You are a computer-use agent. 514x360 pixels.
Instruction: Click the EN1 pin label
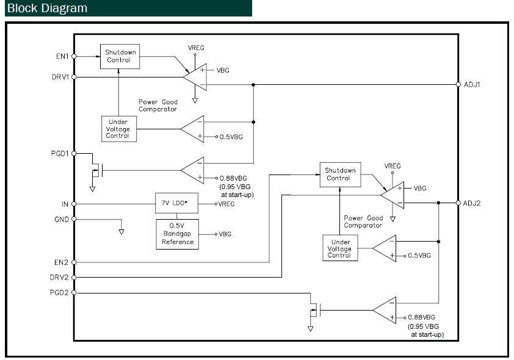(62, 56)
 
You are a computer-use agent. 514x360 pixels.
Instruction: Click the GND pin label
(62, 219)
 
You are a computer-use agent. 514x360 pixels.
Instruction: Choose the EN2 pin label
(62, 262)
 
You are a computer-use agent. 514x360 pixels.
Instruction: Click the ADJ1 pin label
(472, 84)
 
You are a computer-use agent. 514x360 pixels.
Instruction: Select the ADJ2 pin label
(472, 203)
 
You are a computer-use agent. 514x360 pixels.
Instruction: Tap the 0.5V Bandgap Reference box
(178, 234)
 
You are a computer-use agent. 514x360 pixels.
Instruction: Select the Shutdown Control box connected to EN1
(120, 56)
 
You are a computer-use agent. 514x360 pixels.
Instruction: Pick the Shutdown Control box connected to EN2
(338, 175)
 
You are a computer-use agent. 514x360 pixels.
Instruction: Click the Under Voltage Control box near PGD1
(118, 129)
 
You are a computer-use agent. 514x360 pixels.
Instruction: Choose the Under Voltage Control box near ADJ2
(339, 248)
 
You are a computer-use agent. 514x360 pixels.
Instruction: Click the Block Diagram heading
(48, 8)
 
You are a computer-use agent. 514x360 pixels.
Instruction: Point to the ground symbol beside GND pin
(121, 231)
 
